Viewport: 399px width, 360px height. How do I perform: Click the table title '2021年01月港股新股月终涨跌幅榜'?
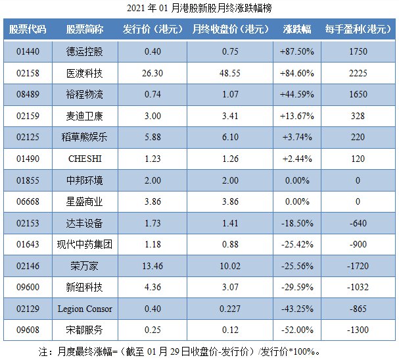tap(199, 9)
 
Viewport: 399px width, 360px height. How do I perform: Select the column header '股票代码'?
tap(28, 30)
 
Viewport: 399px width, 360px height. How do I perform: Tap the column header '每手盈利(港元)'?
tap(358, 30)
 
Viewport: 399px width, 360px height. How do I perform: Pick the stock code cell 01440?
tap(28, 51)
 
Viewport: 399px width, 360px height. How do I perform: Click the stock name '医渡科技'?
tap(85, 73)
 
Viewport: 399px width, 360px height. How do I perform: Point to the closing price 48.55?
tap(230, 73)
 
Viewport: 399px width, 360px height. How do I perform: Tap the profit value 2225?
tap(358, 73)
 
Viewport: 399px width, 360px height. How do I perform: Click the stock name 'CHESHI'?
tap(85, 159)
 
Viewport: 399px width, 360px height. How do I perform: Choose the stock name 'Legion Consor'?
tap(85, 309)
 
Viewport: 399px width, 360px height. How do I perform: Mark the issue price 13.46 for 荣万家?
tap(152, 266)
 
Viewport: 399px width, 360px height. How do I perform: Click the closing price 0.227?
tap(230, 309)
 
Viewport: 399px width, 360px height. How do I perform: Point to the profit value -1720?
tap(358, 266)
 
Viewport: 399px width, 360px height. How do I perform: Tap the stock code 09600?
tap(28, 288)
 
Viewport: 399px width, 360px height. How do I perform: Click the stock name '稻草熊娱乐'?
tap(85, 138)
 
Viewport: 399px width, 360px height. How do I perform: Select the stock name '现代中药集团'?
tap(85, 245)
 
